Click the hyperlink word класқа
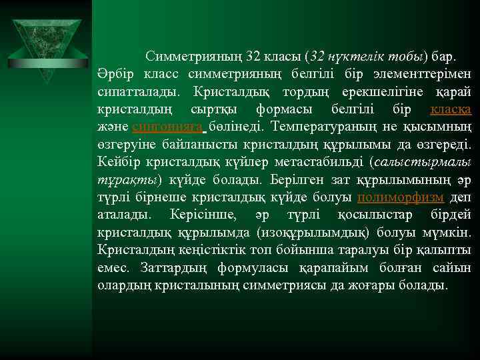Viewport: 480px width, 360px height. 451,108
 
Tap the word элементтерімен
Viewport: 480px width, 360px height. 427,73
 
